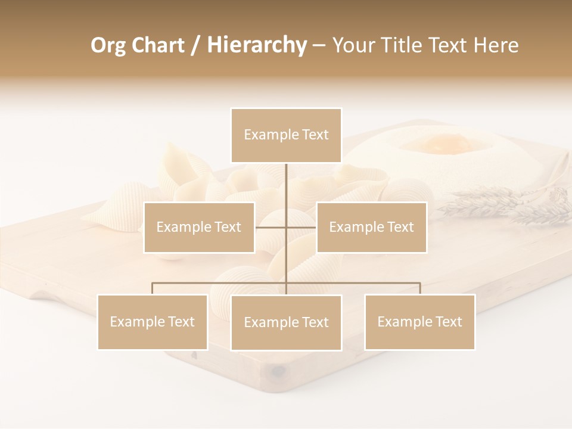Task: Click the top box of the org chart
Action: coord(286,135)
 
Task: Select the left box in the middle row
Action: coord(199,227)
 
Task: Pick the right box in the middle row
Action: coord(371,227)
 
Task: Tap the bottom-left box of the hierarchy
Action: coord(153,322)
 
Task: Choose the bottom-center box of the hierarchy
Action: coord(286,322)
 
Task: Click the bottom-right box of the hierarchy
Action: coord(419,322)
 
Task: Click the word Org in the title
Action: coord(108,45)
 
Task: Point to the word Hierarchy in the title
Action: coord(256,45)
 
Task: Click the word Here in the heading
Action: coord(496,45)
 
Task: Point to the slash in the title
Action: coord(195,45)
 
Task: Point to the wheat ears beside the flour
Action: coord(506,203)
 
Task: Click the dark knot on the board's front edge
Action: coord(278,372)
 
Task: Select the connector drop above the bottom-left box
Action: coord(153,288)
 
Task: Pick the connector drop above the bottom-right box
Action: coord(420,288)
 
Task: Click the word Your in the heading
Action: coord(354,45)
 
